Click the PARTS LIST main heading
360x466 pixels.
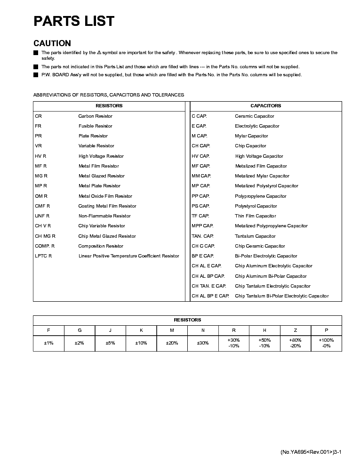point(74,21)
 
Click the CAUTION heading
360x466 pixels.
point(52,43)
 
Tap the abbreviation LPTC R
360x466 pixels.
point(43,256)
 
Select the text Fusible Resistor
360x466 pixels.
point(96,126)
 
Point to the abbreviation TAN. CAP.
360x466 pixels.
point(202,236)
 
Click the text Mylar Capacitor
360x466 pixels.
point(251,136)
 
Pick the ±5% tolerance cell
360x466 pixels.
point(110,343)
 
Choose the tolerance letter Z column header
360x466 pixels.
point(295,330)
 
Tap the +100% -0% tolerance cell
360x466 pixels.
point(326,343)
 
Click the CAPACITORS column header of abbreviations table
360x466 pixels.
point(266,106)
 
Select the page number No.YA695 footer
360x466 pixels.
point(311,452)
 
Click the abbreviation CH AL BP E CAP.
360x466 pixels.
point(210,296)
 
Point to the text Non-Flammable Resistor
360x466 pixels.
point(104,216)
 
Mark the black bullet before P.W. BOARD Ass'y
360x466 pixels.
point(36,75)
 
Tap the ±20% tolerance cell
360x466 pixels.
point(172,343)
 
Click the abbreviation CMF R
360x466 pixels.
point(42,206)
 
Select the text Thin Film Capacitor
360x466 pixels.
point(256,216)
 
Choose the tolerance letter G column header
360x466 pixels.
point(79,330)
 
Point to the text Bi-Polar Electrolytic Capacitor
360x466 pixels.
point(266,256)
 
